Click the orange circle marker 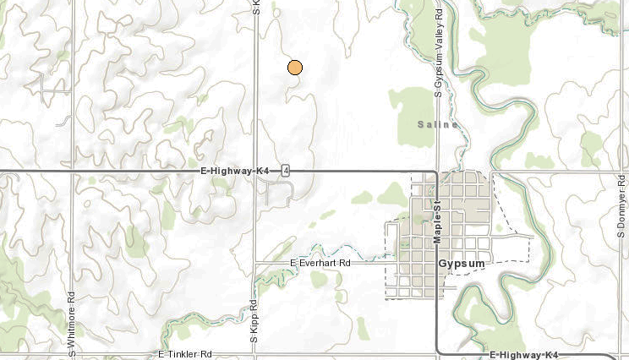[295, 68]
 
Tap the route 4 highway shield [287, 171]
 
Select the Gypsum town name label [462, 264]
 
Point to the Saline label [437, 125]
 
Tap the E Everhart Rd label [325, 263]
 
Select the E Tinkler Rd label [184, 354]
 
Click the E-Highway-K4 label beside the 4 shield [235, 171]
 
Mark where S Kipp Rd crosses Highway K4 [255, 171]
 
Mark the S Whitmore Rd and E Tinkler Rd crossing [72, 354]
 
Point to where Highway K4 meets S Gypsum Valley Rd [437, 173]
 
